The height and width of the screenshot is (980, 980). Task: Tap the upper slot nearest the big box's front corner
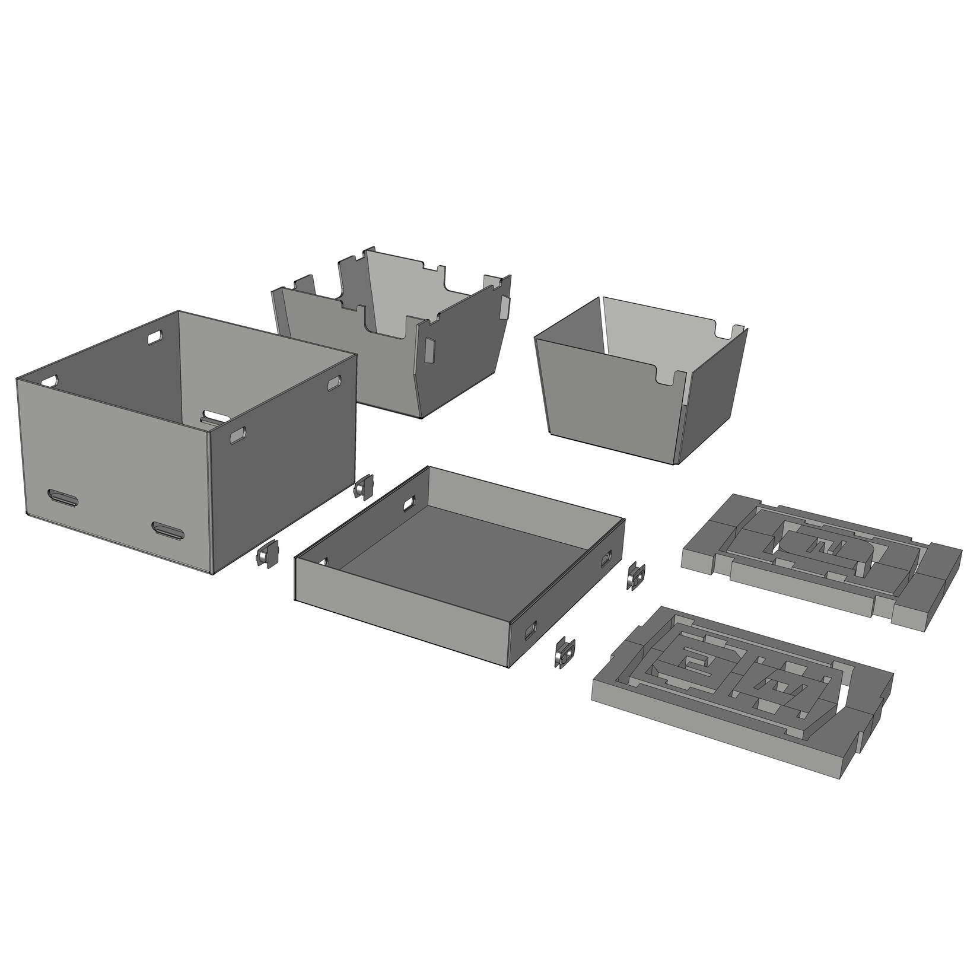[x=237, y=436]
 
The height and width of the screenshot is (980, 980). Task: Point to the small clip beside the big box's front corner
[x=267, y=555]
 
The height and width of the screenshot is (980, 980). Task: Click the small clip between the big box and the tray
[x=362, y=488]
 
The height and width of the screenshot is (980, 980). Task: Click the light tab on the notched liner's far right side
[x=505, y=306]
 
